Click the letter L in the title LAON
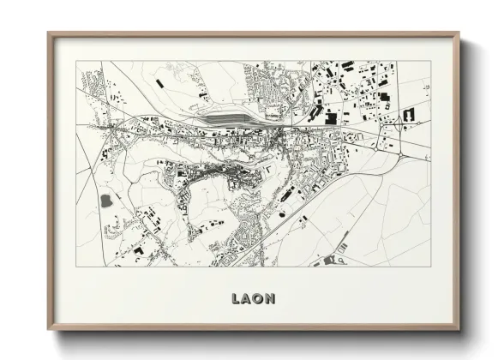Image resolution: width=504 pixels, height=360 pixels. [x=236, y=298]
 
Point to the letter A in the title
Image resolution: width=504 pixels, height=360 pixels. [x=247, y=298]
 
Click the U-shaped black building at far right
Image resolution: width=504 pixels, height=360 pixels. [x=409, y=114]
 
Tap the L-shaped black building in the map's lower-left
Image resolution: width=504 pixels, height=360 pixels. [x=137, y=249]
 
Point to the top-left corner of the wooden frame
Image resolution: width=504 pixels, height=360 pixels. [x=48, y=33]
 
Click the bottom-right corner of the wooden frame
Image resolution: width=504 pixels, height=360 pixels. [x=459, y=329]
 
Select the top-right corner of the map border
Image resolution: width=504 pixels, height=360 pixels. [x=430, y=61]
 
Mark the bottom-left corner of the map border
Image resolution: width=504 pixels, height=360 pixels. [x=76, y=267]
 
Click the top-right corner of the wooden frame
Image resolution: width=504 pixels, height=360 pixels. [x=459, y=33]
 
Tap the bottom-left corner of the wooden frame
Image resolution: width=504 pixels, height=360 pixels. [x=48, y=329]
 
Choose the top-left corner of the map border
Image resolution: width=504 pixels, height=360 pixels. [x=76, y=61]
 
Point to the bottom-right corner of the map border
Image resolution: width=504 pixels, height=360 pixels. [x=430, y=267]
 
